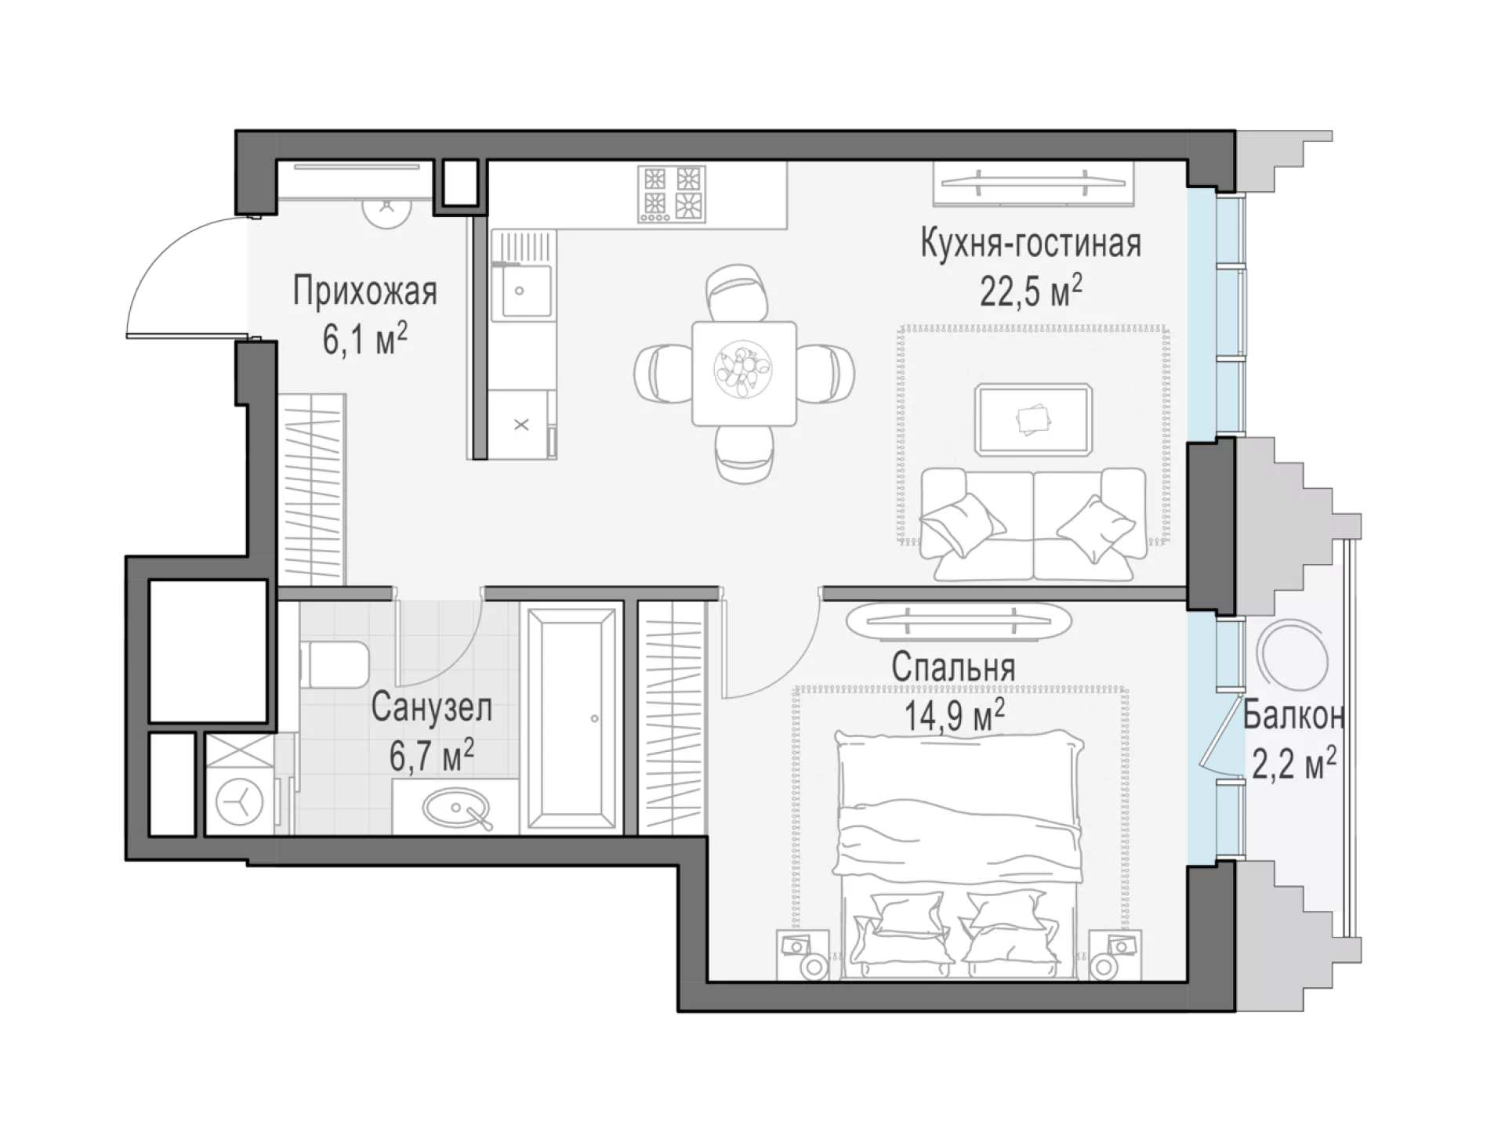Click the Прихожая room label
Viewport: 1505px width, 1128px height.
(364, 291)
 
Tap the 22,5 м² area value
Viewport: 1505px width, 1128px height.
(1031, 292)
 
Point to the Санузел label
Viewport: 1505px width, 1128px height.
(432, 707)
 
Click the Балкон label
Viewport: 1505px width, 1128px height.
(1294, 715)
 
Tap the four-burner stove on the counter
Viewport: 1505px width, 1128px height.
(671, 193)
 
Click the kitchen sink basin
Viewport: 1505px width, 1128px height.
(521, 291)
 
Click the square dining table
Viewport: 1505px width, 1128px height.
(744, 373)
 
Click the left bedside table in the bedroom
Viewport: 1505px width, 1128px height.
(803, 954)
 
